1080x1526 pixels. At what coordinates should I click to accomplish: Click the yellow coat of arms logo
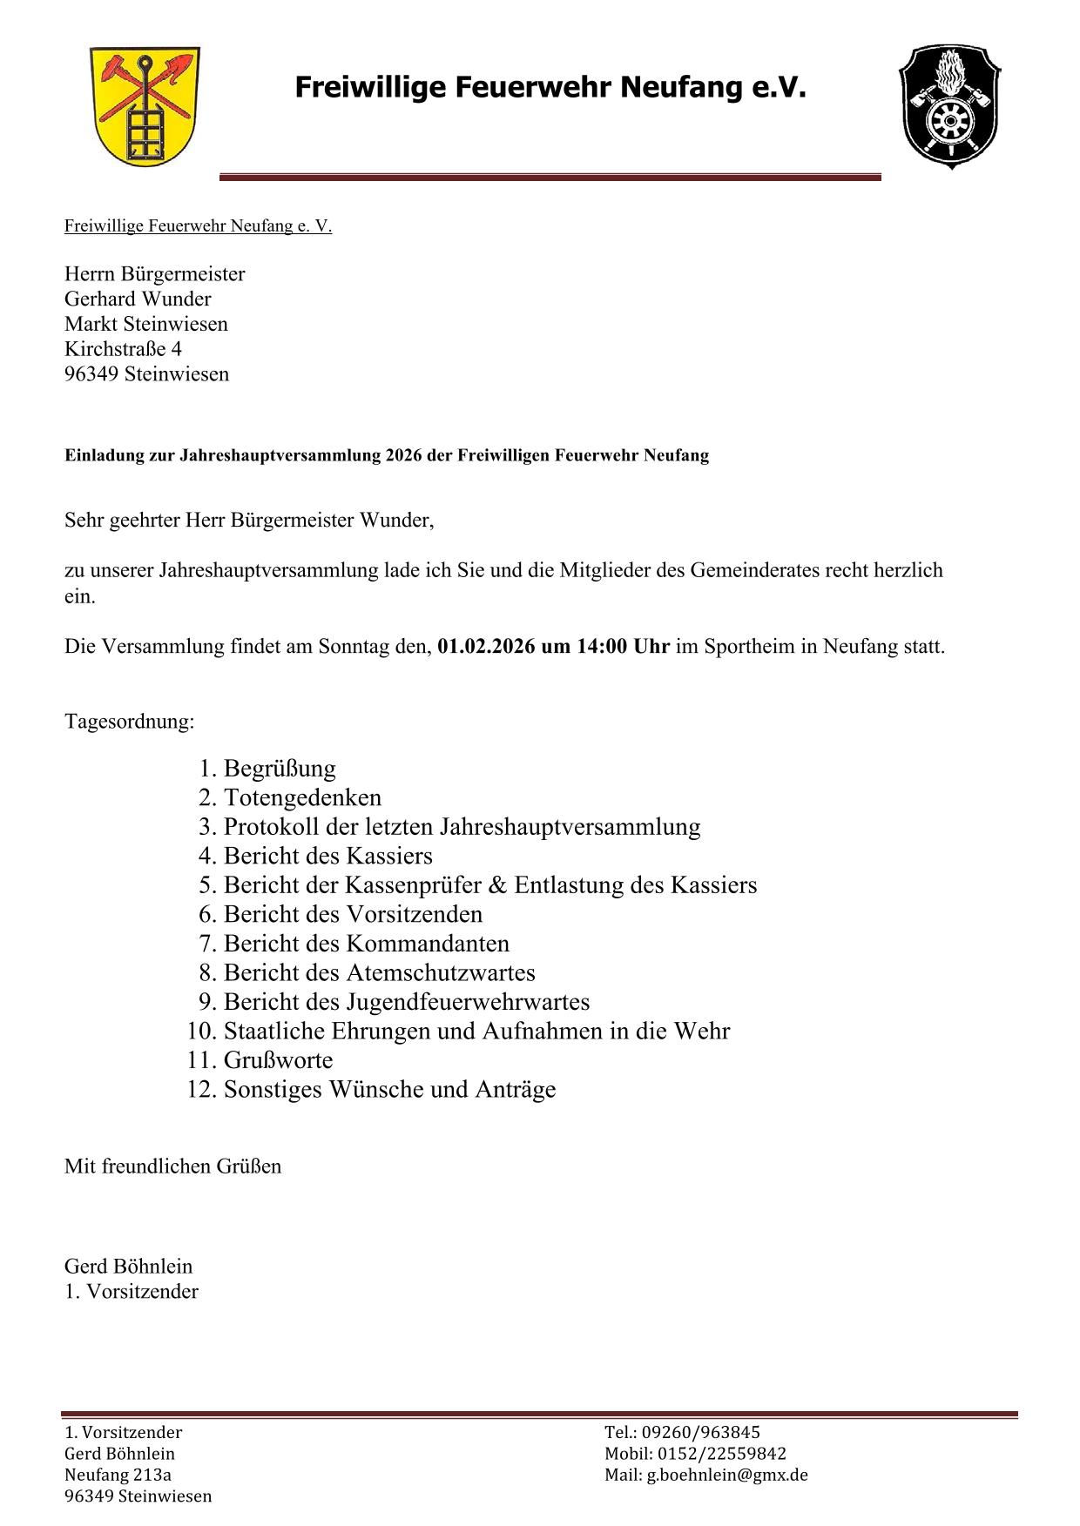(145, 107)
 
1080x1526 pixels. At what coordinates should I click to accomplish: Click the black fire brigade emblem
(948, 107)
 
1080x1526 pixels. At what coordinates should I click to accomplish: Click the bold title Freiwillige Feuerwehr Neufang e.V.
(550, 87)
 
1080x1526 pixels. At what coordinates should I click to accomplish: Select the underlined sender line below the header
(198, 226)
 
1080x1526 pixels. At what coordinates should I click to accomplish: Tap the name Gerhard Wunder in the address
(138, 299)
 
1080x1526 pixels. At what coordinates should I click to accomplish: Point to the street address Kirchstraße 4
(123, 349)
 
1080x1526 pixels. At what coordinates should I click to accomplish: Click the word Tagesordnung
(129, 722)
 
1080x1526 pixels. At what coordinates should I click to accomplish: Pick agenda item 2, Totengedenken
(302, 797)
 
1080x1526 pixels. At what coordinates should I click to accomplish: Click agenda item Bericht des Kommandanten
(366, 944)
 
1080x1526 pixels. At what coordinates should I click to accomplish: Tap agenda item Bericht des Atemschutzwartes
(379, 972)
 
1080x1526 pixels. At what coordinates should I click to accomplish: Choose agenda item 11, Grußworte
(278, 1060)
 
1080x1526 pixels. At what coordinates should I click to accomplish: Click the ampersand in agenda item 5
(497, 885)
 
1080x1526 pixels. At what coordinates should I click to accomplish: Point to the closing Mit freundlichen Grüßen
(172, 1166)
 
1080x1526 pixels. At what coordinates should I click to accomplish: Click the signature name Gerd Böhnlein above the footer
(128, 1267)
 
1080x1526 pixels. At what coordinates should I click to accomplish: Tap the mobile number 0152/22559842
(721, 1454)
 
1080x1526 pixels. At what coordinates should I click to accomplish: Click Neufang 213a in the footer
(118, 1476)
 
